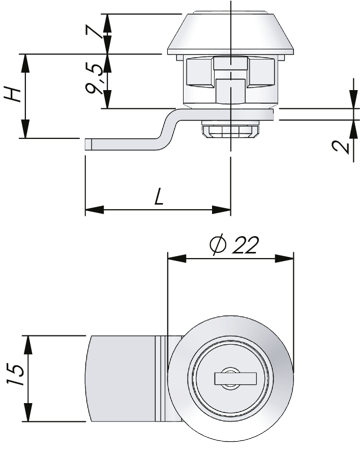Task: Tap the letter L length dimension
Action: (x=159, y=196)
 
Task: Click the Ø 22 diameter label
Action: (x=234, y=245)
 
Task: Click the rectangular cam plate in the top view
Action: (x=122, y=379)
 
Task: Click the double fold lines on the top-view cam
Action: (x=161, y=379)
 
